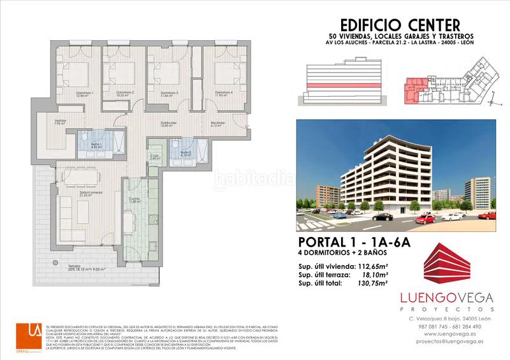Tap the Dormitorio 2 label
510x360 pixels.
125,93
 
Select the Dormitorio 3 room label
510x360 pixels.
169,93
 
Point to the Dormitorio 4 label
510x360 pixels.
223,93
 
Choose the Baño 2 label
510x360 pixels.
186,152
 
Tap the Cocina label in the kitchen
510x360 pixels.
135,200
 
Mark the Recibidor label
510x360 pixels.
219,124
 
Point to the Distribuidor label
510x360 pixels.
168,124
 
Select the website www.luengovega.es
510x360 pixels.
445,334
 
